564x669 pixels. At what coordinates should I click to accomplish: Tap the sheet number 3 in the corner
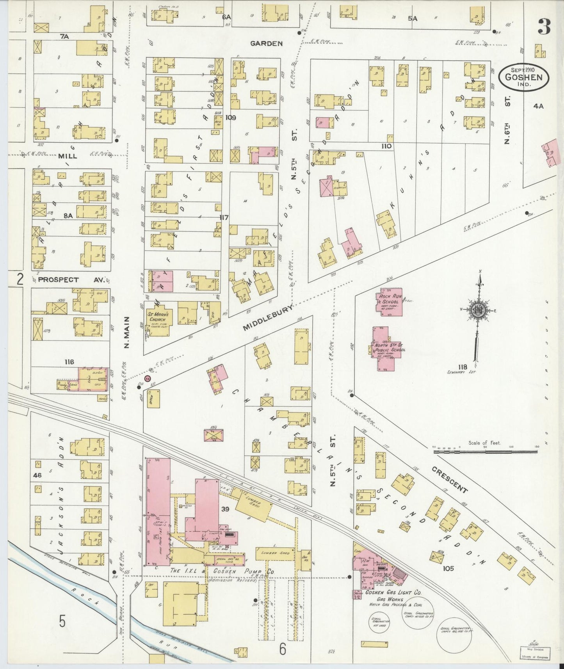click(x=544, y=27)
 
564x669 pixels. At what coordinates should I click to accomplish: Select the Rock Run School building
click(x=389, y=302)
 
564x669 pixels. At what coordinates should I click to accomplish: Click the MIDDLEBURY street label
click(x=268, y=318)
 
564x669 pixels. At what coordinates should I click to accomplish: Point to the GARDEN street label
click(x=266, y=43)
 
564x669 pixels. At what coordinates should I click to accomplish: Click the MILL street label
click(x=68, y=156)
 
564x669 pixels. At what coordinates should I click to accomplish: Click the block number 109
click(x=230, y=117)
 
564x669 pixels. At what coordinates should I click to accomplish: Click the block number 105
click(x=448, y=568)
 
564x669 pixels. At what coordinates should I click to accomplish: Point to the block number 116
click(x=69, y=362)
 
